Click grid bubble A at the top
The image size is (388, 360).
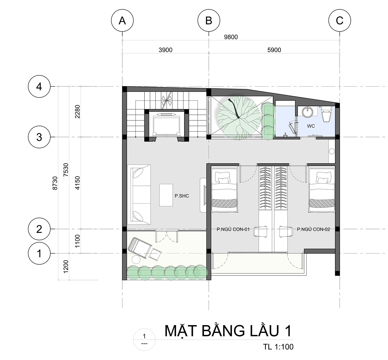pyautogui.click(x=122, y=20)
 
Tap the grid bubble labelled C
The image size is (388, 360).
pyautogui.click(x=340, y=20)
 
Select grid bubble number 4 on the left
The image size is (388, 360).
pyautogui.click(x=39, y=86)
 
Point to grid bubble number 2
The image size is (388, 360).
pyautogui.click(x=39, y=229)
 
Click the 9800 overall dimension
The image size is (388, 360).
pyautogui.click(x=231, y=37)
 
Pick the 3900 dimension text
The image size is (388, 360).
pyautogui.click(x=166, y=50)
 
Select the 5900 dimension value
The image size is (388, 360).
pyautogui.click(x=274, y=50)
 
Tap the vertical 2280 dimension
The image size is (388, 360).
pyautogui.click(x=78, y=111)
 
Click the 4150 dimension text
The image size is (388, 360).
pyautogui.click(x=78, y=183)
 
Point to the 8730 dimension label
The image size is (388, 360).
pyautogui.click(x=55, y=183)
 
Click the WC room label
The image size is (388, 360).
pyautogui.click(x=311, y=126)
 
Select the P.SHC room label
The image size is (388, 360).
pyautogui.click(x=182, y=196)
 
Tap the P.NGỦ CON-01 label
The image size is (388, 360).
pyautogui.click(x=233, y=229)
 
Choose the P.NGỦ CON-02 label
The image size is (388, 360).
pyautogui.click(x=313, y=229)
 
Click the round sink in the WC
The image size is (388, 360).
pyautogui.click(x=308, y=112)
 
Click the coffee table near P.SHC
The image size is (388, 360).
pyautogui.click(x=166, y=195)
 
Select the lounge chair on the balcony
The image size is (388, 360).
pyautogui.click(x=140, y=248)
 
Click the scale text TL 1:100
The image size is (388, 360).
pyautogui.click(x=278, y=347)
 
